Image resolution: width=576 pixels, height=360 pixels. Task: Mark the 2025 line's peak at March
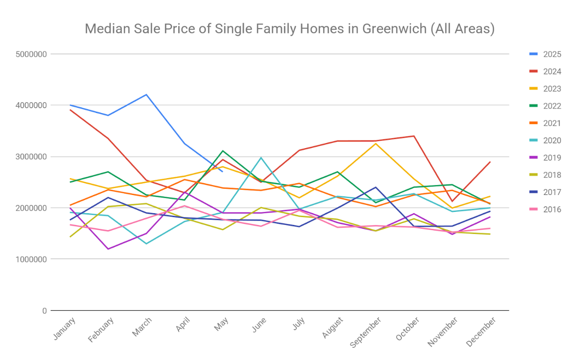tap(146, 95)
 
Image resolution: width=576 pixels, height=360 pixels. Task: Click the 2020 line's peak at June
tap(261, 157)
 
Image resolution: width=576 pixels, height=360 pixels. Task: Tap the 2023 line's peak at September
tap(375, 143)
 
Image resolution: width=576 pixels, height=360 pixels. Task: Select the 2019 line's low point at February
tap(108, 249)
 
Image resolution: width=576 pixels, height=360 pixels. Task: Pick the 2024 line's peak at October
tap(414, 136)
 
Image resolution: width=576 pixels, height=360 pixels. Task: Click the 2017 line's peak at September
tap(375, 187)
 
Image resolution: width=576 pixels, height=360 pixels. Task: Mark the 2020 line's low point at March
tap(146, 244)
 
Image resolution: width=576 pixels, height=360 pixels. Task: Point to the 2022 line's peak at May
tap(223, 151)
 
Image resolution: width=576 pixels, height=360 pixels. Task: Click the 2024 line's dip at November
tap(452, 201)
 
